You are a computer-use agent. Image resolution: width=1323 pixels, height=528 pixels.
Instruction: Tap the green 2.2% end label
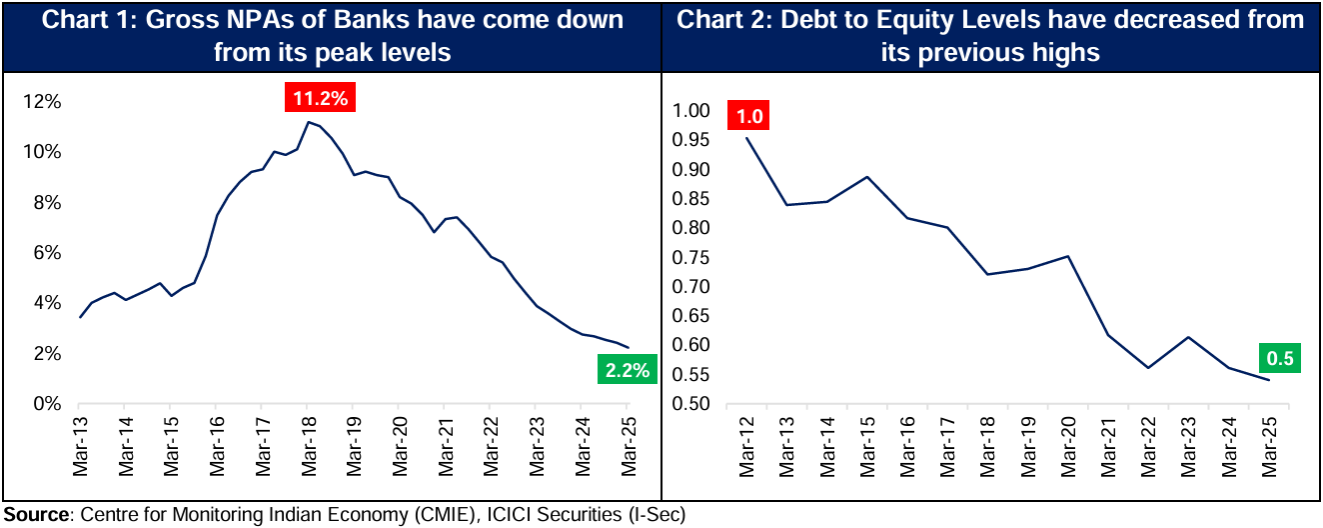[627, 370]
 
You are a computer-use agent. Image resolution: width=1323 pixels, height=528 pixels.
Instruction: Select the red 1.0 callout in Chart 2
[749, 117]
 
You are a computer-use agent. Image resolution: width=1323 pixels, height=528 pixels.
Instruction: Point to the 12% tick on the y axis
[46, 102]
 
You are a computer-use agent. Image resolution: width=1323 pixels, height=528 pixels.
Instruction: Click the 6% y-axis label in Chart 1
[50, 253]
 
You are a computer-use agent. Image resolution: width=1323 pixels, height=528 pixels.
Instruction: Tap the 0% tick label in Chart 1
[50, 404]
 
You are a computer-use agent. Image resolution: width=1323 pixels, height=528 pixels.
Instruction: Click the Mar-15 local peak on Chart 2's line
[866, 177]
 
